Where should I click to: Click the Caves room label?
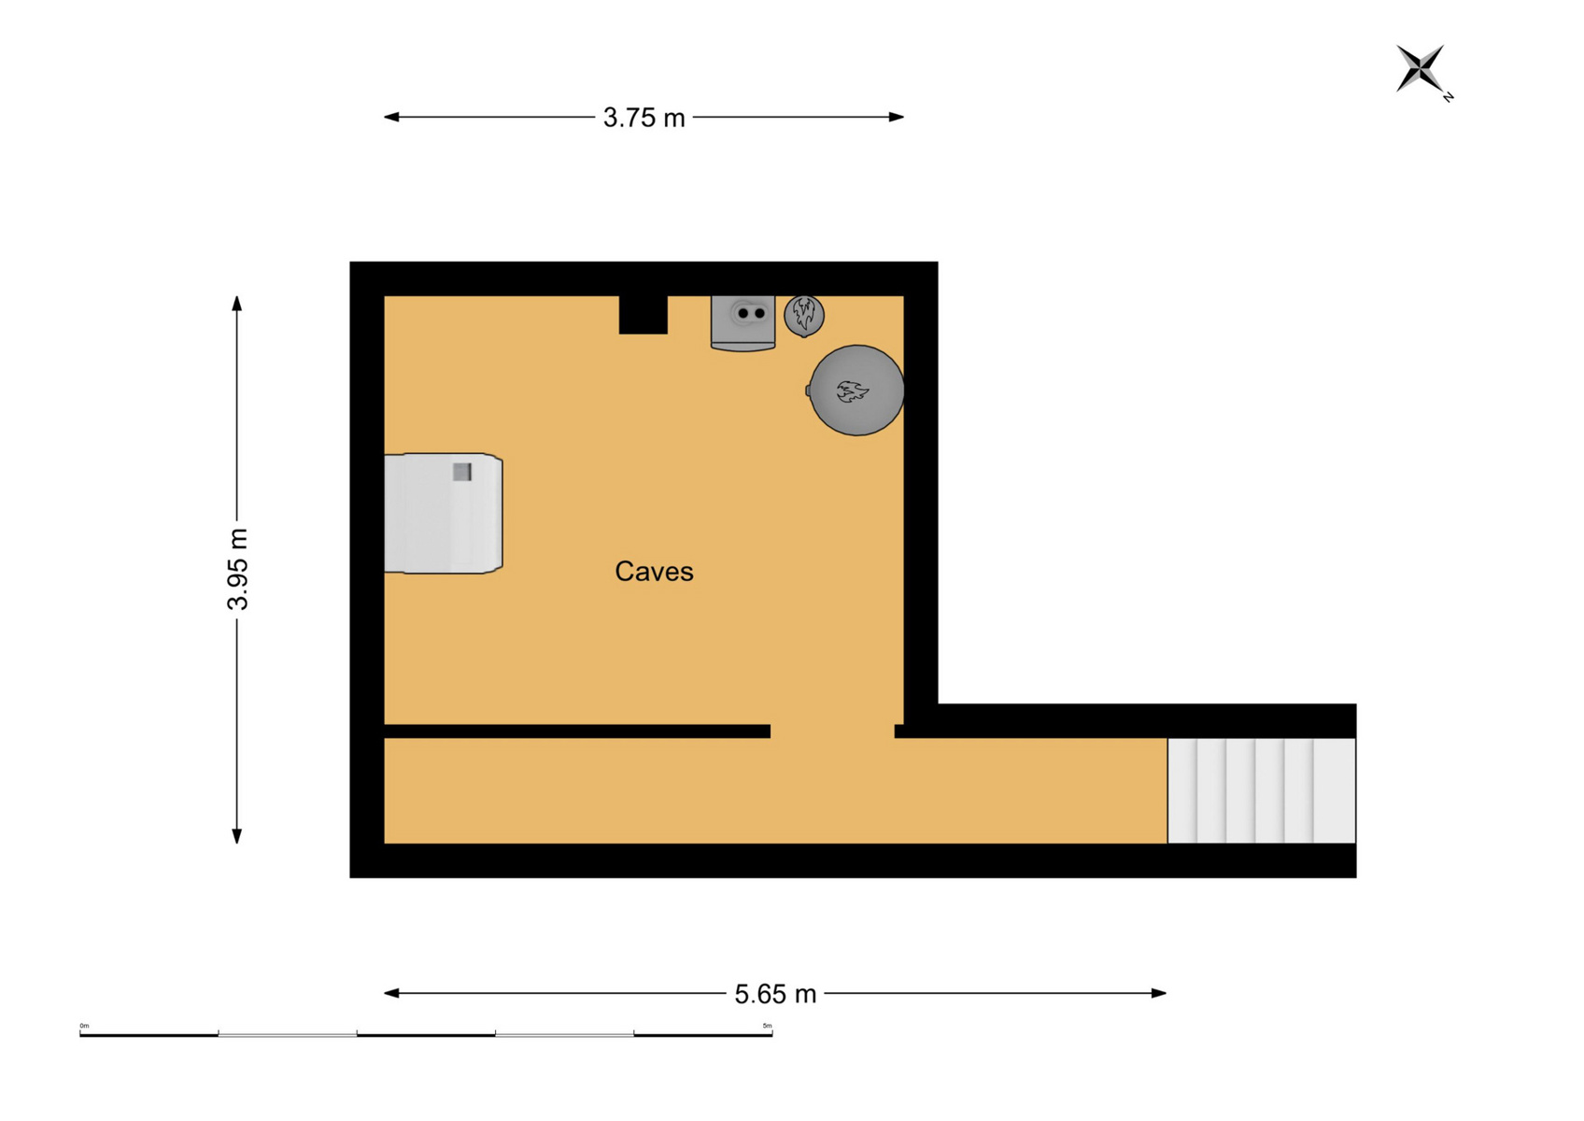(x=654, y=572)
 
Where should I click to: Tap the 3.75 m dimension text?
(x=644, y=118)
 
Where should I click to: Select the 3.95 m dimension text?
(x=237, y=569)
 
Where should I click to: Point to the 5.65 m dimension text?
(x=775, y=994)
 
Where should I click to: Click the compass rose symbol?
(x=1420, y=68)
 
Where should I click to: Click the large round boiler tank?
(x=856, y=390)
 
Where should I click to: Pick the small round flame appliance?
(x=804, y=316)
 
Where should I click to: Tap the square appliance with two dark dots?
(x=742, y=322)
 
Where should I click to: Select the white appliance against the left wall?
(x=444, y=514)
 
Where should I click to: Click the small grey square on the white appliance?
(x=461, y=472)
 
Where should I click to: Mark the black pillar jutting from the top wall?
(x=643, y=315)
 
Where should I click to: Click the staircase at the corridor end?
(x=1262, y=790)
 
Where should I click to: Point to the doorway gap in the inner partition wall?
(x=832, y=731)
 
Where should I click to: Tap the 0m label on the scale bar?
(x=84, y=1026)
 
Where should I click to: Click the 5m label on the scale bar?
(x=768, y=1026)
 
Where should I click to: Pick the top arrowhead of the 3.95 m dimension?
(x=237, y=304)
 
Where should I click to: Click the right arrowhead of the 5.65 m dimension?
(x=1158, y=994)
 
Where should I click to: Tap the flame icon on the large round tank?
(x=852, y=391)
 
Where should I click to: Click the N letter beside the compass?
(x=1449, y=97)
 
